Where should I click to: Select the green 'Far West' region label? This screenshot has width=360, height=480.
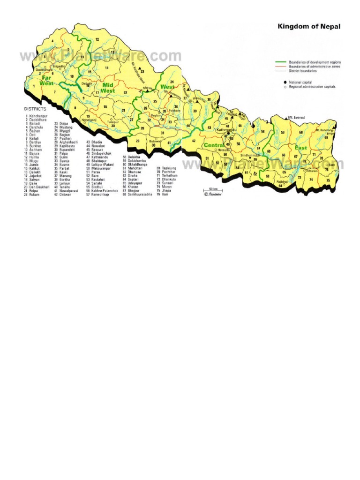(x=47, y=80)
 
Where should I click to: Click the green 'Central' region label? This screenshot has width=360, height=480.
(x=213, y=146)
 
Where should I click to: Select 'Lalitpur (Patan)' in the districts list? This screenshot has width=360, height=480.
(x=104, y=165)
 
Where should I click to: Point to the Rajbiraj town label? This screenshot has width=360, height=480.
(x=282, y=181)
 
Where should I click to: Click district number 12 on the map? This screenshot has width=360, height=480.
(x=97, y=39)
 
